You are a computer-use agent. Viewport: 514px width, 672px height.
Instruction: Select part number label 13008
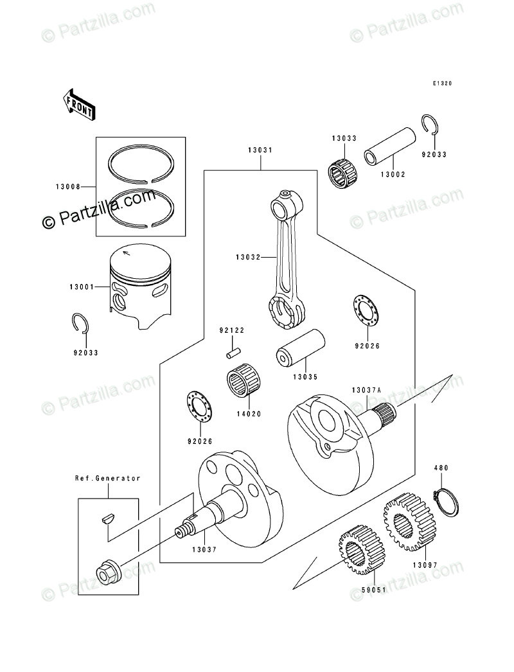coord(67,187)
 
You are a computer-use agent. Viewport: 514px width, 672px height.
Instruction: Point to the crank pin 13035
coord(300,347)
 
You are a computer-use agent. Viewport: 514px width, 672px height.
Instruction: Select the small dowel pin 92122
coord(233,353)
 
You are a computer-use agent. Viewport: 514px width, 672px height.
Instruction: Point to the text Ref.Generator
coord(108,478)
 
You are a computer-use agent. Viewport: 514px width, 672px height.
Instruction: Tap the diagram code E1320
coord(442,84)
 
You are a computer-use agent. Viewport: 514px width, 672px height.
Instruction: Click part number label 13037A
coord(366,390)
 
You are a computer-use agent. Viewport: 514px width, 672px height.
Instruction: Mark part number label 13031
coord(260,150)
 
